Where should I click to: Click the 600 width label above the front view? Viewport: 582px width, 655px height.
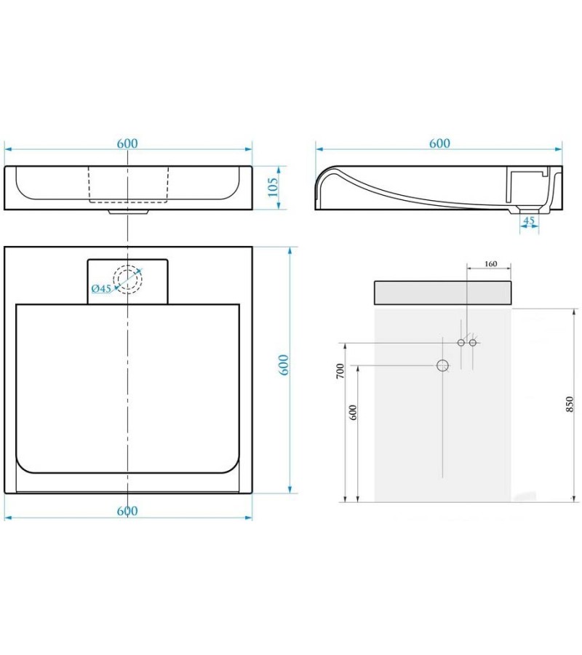point(127,143)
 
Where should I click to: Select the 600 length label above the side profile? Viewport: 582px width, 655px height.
point(439,143)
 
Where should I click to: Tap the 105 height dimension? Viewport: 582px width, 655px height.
point(274,188)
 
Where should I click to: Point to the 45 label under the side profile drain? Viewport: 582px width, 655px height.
point(529,220)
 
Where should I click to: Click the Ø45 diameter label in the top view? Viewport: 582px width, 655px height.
point(101,288)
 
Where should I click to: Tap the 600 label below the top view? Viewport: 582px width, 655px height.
point(127,511)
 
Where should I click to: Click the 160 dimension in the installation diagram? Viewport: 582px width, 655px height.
point(490,263)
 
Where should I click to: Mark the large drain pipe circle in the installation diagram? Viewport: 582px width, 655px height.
point(442,365)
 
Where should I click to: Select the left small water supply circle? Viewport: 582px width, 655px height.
point(461,342)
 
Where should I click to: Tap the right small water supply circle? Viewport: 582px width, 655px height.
point(473,342)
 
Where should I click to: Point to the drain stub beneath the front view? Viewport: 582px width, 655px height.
point(128,213)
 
